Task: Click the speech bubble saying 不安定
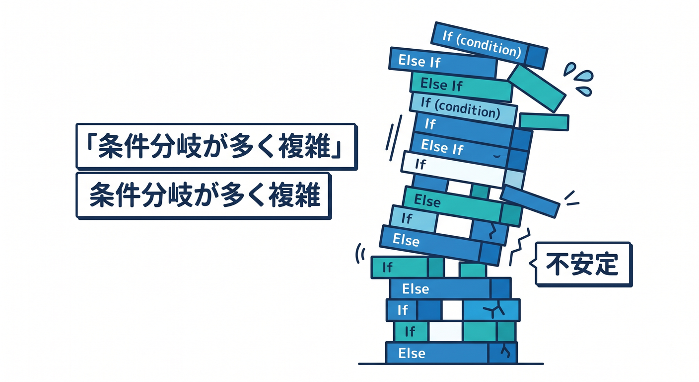pos(582,264)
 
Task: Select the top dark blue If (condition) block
pos(489,46)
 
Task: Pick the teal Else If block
pos(461,87)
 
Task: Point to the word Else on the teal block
pos(427,200)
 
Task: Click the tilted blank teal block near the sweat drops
pos(537,88)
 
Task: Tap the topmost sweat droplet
pos(569,69)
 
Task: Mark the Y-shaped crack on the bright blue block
pos(494,310)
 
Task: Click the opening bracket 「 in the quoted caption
pos(91,145)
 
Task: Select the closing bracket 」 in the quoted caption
pos(336,149)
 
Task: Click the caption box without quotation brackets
pos(204,195)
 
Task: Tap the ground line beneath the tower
pos(451,364)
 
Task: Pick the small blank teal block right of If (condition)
pos(544,122)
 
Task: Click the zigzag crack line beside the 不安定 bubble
pos(519,247)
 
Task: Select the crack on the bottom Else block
pos(505,351)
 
